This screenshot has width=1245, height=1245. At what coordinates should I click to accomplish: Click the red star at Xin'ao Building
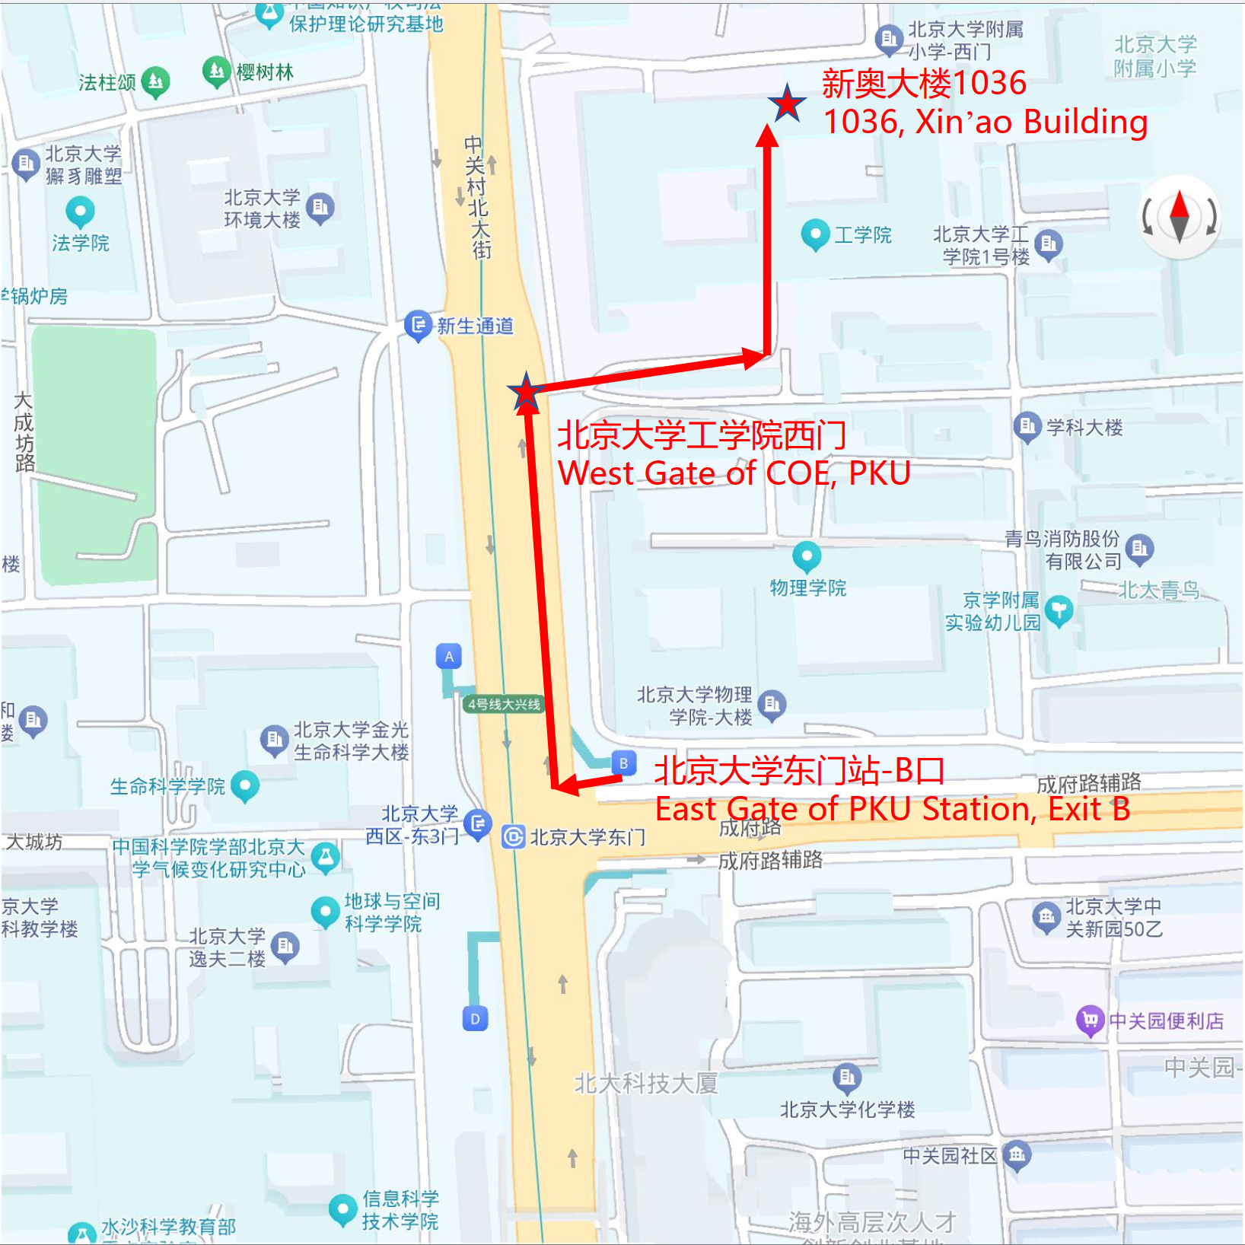[787, 103]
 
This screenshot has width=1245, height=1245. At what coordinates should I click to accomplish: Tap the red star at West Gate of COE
[526, 393]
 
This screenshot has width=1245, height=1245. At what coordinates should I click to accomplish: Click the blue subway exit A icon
[449, 657]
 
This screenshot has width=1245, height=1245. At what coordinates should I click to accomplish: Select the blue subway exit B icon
[623, 763]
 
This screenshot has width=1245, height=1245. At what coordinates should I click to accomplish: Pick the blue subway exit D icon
[475, 1018]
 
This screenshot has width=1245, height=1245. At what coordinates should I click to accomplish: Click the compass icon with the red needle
[1179, 218]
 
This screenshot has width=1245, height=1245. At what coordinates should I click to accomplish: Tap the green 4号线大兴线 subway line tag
[504, 704]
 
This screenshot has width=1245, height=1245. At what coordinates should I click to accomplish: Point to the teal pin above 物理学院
[807, 556]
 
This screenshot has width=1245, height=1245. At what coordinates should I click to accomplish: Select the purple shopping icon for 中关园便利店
[1090, 1020]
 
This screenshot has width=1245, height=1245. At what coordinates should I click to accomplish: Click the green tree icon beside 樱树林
[217, 72]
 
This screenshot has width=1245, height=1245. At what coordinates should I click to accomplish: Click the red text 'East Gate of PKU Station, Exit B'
[892, 809]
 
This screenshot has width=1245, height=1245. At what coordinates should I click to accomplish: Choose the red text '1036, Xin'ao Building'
[985, 122]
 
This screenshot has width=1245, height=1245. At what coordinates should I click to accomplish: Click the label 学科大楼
[1084, 428]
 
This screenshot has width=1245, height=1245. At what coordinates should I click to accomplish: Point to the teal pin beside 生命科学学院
[244, 785]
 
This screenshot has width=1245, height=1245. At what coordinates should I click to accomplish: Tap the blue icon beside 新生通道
[418, 326]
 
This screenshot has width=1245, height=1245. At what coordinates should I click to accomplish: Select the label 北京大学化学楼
[847, 1110]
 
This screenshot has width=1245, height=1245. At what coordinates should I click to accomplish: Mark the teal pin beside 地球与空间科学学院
[325, 911]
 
